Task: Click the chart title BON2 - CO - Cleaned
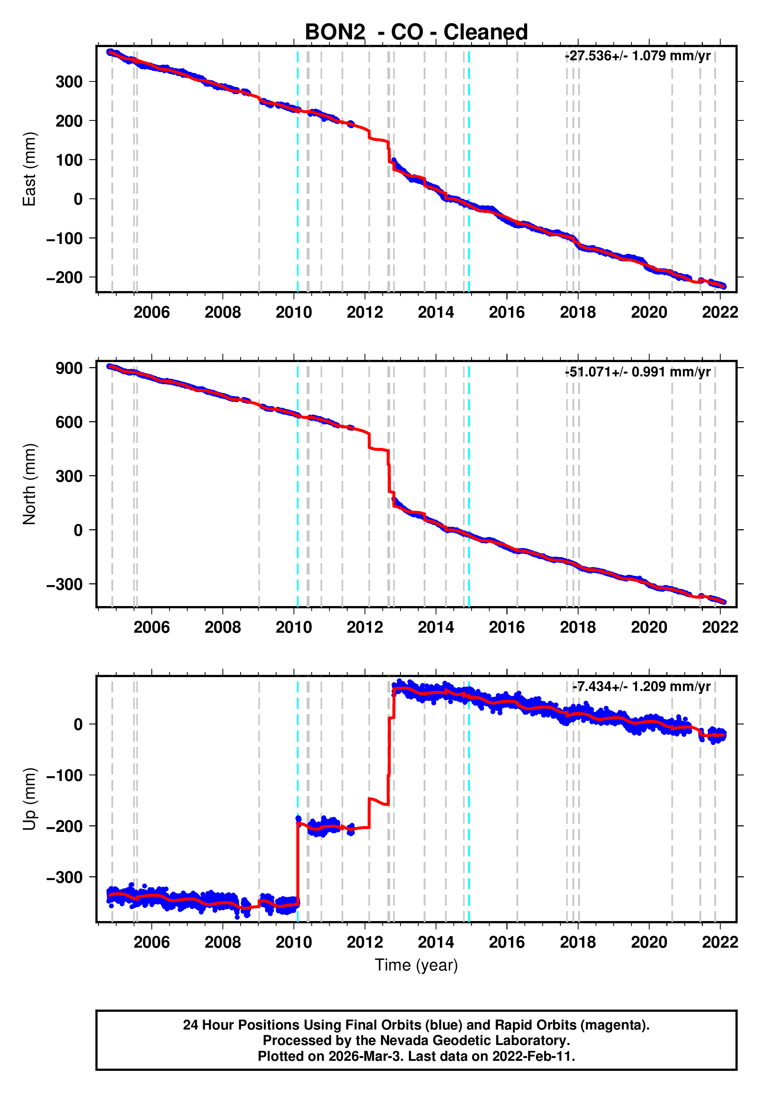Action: pos(416,32)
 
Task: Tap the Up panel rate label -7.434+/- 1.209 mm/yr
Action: pos(641,687)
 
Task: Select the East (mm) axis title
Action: pos(30,169)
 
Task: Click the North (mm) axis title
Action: pos(30,484)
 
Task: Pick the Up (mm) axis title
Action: pos(30,799)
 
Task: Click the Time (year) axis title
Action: pos(416,965)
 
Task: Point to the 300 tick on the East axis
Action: pos(69,82)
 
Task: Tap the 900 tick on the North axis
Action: pos(69,368)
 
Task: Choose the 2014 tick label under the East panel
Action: pos(436,313)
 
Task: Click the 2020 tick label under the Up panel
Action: pos(649,942)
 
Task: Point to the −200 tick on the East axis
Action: pos(64,277)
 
